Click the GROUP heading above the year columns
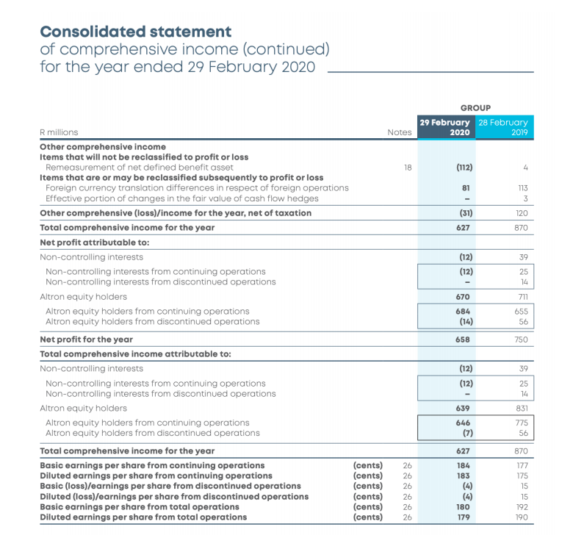coord(475,107)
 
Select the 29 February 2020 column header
coord(445,127)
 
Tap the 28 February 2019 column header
coord(503,127)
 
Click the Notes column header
coord(400,132)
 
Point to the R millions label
coord(59,132)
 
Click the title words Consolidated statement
coord(135,32)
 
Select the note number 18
coord(408,167)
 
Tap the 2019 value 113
coord(522,187)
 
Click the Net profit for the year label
coord(86,340)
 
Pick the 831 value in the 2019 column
coord(521,408)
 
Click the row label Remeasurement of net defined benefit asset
coord(140,167)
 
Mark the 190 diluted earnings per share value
coord(521,517)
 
